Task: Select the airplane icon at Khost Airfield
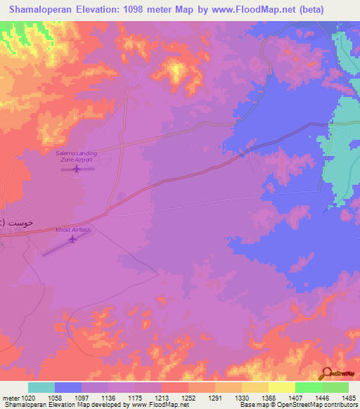tap(72, 239)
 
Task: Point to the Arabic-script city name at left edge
tap(13, 222)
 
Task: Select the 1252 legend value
tap(188, 397)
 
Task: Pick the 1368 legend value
tap(269, 397)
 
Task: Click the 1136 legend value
tap(108, 397)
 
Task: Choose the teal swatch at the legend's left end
tap(41, 387)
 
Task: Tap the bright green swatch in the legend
tap(308, 387)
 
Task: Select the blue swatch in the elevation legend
tap(68, 387)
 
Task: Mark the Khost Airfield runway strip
tap(67, 245)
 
